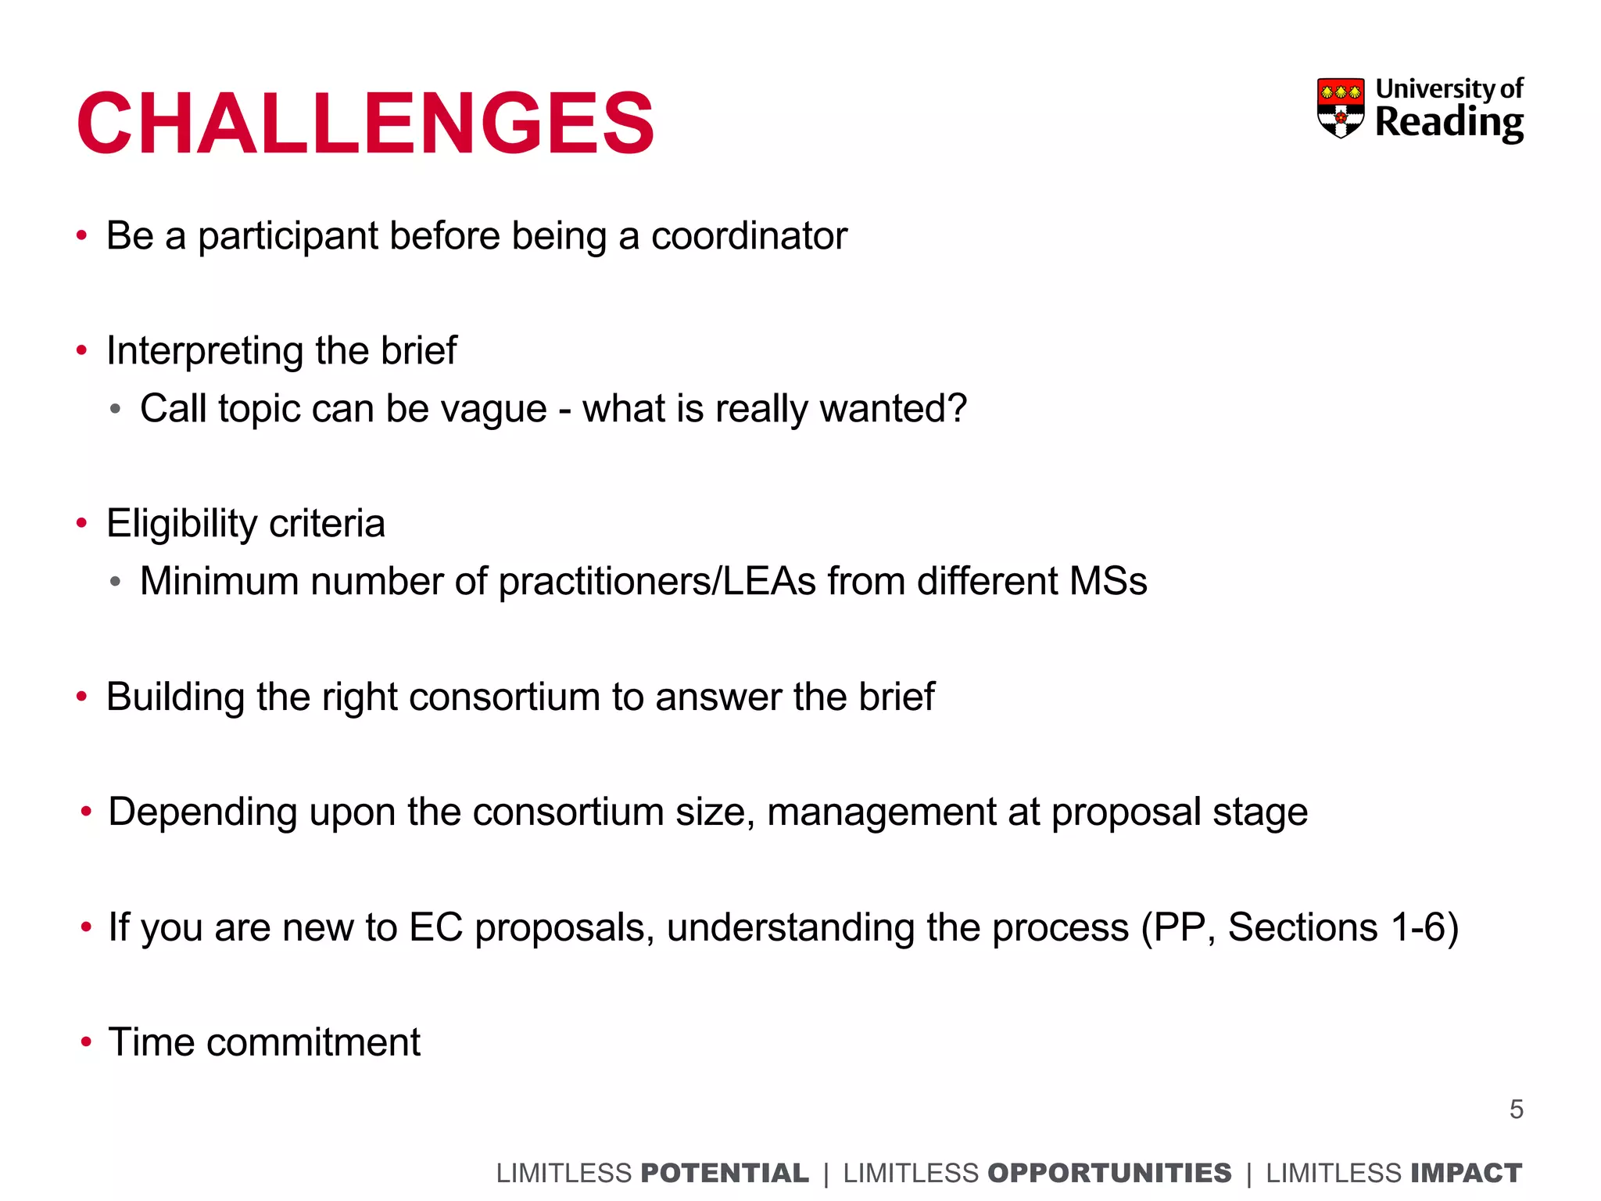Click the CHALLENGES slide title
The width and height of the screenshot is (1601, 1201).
tap(365, 124)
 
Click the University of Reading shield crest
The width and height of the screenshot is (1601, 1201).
tap(1341, 108)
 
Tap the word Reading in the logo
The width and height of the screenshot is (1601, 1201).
tap(1449, 122)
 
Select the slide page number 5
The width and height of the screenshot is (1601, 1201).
tap(1516, 1110)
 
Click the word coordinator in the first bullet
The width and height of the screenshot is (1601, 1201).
tap(748, 236)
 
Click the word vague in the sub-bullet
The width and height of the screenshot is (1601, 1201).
tap(493, 409)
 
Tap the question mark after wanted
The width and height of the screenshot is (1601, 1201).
tap(958, 408)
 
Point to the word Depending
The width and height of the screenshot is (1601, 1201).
tap(202, 812)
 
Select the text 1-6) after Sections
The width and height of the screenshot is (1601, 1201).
tap(1424, 927)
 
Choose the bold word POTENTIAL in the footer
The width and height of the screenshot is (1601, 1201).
tap(724, 1174)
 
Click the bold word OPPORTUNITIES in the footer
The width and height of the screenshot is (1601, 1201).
tap(1109, 1174)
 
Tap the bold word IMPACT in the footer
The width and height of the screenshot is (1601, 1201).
tap(1466, 1174)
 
